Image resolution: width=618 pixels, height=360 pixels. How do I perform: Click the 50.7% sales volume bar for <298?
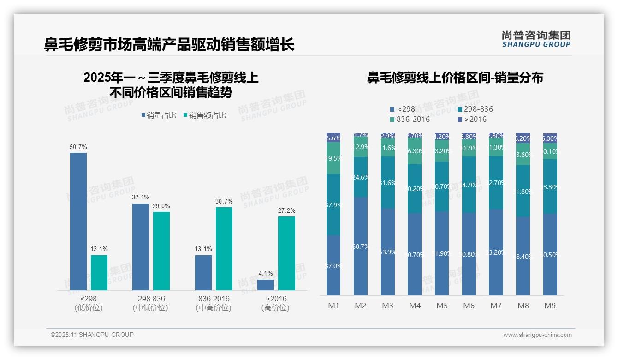pos(78,222)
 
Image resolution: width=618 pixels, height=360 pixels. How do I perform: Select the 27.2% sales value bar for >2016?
pos(286,253)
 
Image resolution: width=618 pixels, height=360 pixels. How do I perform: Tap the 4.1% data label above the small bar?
pos(266,274)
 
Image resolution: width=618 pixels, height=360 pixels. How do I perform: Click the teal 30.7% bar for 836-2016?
pos(224,249)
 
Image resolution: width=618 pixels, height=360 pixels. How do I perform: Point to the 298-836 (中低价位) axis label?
pos(150,303)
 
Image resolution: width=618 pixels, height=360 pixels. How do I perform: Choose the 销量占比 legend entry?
pos(159,115)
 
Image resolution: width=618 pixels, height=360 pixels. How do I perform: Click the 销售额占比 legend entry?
pos(205,115)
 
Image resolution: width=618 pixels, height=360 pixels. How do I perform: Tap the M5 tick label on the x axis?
pos(442,306)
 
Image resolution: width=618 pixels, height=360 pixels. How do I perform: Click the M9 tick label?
pos(550,306)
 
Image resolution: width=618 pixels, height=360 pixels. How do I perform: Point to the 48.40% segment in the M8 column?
pos(523,256)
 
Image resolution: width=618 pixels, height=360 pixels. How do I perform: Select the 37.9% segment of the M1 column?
pos(333,205)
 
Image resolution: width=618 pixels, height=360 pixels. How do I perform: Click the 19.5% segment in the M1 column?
pos(333,158)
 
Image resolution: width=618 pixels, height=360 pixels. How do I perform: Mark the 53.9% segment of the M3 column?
pos(388,252)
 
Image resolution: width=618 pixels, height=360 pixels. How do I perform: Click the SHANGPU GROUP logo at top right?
pos(536,39)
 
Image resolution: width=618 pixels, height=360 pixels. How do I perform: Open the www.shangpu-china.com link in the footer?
pos(537,335)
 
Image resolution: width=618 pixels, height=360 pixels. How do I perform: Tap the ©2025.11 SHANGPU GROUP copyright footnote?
pos(92,335)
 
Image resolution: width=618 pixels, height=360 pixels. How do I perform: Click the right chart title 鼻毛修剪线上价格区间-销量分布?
pos(455,78)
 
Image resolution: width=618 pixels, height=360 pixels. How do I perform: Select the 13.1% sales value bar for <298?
pos(99,273)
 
